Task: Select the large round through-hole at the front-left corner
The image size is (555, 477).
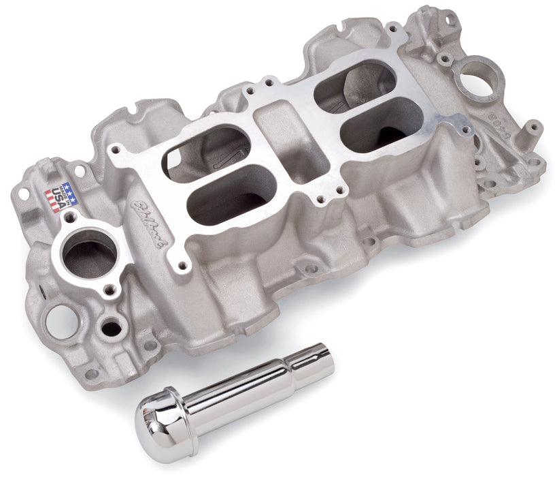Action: click(x=61, y=317)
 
